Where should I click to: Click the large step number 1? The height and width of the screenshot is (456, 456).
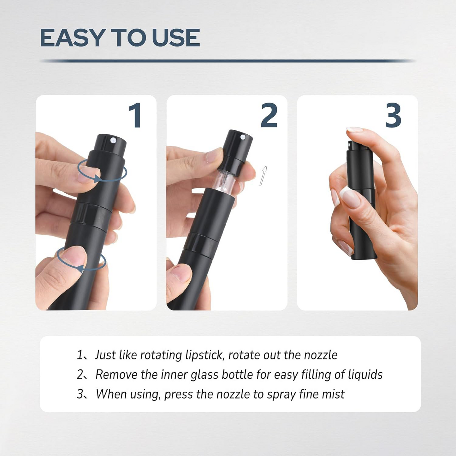[136, 115]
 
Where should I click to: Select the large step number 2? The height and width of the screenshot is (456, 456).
[269, 115]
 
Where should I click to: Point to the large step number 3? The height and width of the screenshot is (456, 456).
[393, 115]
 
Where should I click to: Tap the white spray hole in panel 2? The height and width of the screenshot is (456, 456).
[243, 137]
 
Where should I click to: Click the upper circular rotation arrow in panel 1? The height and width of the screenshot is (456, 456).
[102, 170]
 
